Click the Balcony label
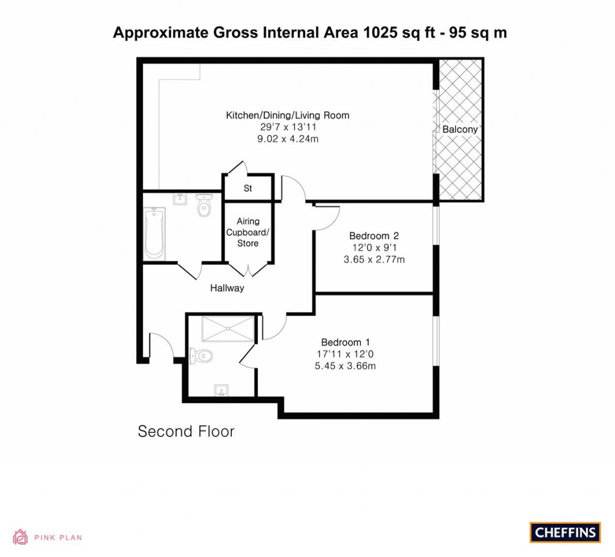(460, 130)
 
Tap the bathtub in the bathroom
(154, 233)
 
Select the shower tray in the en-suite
(227, 328)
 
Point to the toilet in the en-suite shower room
(200, 355)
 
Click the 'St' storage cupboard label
(247, 188)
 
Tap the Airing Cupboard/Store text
(247, 232)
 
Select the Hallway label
(227, 288)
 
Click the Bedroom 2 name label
(374, 236)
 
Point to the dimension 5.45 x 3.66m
(345, 366)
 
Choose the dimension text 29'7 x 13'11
(287, 127)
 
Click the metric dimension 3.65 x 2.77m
(374, 260)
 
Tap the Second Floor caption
(186, 431)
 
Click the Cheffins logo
(565, 532)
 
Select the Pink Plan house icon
(20, 537)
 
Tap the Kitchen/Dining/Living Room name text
(287, 115)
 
